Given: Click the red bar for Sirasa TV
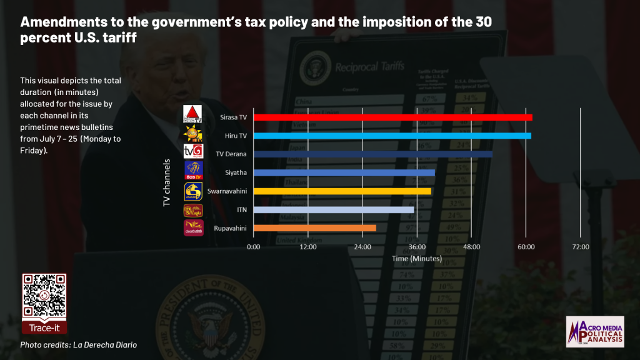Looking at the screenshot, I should pyautogui.click(x=392, y=117).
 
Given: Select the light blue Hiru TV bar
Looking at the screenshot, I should pyautogui.click(x=392, y=136).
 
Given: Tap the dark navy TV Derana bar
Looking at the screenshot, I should pyautogui.click(x=372, y=154).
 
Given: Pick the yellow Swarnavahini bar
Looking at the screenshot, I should pyautogui.click(x=342, y=191).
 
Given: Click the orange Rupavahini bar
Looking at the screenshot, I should pyautogui.click(x=314, y=228).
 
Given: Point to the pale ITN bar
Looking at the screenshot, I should pyautogui.click(x=333, y=210).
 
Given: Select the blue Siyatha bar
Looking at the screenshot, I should pyautogui.click(x=344, y=172).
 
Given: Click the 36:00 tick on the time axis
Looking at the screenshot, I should pyautogui.click(x=417, y=247).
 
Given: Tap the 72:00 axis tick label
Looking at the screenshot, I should pyautogui.click(x=581, y=247).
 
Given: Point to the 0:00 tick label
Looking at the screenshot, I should pyautogui.click(x=254, y=247).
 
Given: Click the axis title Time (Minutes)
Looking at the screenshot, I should pyautogui.click(x=417, y=258).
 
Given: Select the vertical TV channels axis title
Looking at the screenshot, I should pyautogui.click(x=167, y=182).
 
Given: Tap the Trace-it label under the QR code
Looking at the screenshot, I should pyautogui.click(x=44, y=327).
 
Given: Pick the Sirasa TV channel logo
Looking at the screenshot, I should pyautogui.click(x=192, y=114).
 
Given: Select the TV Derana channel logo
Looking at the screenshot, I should pyautogui.click(x=192, y=152).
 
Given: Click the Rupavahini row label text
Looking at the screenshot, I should pyautogui.click(x=231, y=228).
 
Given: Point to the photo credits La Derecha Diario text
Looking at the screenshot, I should pyautogui.click(x=78, y=345).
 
